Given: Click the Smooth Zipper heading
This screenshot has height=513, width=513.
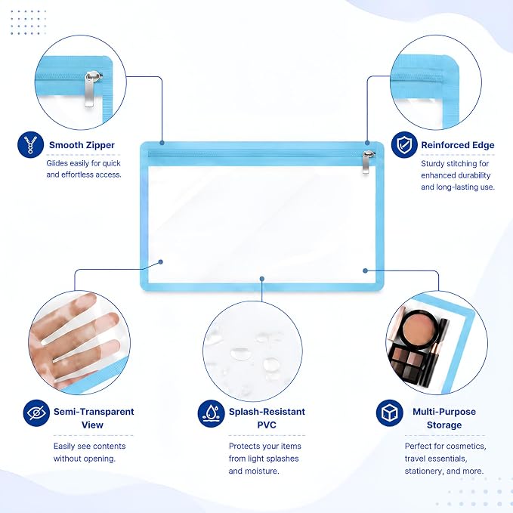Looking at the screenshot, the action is click(x=82, y=145).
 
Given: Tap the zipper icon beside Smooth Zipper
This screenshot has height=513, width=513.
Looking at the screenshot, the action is click(x=30, y=144).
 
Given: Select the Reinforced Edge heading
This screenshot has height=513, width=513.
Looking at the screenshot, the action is click(x=458, y=145).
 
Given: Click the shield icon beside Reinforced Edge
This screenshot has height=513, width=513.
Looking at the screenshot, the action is click(x=404, y=144).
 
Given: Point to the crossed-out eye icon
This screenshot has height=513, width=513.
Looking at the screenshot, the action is click(x=36, y=413).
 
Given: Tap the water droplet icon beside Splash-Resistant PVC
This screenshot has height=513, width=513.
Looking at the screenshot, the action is click(x=211, y=413).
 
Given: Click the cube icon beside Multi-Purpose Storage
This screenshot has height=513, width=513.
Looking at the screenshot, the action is click(x=389, y=413).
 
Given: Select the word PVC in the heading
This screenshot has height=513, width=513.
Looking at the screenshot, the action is click(x=267, y=425).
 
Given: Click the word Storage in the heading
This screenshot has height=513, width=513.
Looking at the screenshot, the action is click(x=444, y=425).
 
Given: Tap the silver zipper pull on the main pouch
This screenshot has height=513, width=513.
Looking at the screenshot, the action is click(x=366, y=162).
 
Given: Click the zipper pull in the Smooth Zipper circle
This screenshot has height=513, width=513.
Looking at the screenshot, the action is click(x=91, y=88).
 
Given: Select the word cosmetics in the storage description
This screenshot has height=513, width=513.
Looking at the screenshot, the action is click(x=467, y=447).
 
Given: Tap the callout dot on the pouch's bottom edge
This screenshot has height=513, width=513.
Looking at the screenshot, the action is click(x=262, y=279).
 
